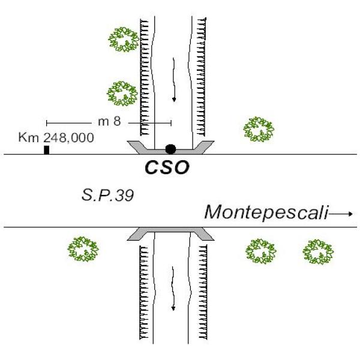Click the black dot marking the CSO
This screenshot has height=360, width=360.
click(x=170, y=149)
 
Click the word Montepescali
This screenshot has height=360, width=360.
click(x=266, y=212)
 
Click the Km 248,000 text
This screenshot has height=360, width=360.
click(x=56, y=137)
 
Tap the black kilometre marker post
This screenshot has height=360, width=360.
click(x=46, y=150)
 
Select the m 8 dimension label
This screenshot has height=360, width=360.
click(x=109, y=121)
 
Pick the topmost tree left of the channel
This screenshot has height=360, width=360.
click(x=124, y=40)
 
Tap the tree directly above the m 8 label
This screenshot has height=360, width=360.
click(x=123, y=94)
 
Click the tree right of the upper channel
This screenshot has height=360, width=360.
click(x=259, y=129)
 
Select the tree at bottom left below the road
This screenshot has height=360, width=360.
click(x=83, y=250)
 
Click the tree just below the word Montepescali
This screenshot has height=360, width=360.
click(x=262, y=251)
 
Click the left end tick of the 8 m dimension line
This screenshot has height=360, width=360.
click(x=47, y=122)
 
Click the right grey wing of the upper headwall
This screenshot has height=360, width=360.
click(x=204, y=146)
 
